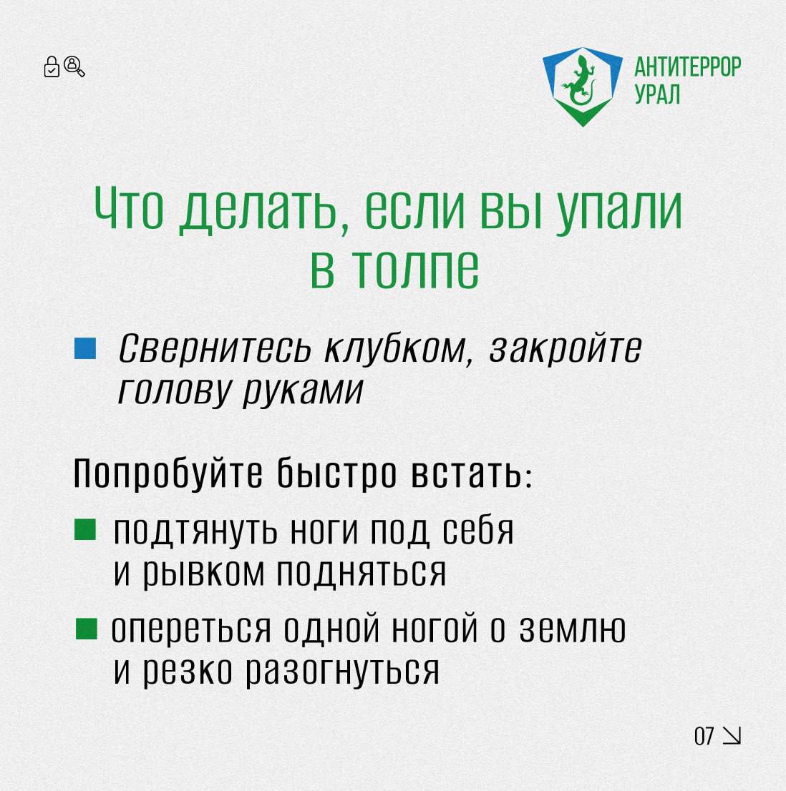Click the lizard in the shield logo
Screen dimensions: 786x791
581,81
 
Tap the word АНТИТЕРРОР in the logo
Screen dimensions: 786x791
687,67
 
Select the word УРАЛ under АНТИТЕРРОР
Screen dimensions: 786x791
657,94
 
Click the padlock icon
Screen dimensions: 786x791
52,67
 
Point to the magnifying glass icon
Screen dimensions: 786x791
74,66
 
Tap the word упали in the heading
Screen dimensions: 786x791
618,212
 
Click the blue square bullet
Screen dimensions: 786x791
84,348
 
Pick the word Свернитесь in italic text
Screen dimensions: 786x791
215,348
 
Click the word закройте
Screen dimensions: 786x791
566,348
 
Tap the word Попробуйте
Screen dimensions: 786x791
168,473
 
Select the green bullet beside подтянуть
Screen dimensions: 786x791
84,530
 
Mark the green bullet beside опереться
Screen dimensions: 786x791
87,629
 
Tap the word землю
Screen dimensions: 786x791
573,629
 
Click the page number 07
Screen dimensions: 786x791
704,736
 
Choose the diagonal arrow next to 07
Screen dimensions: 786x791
732,735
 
